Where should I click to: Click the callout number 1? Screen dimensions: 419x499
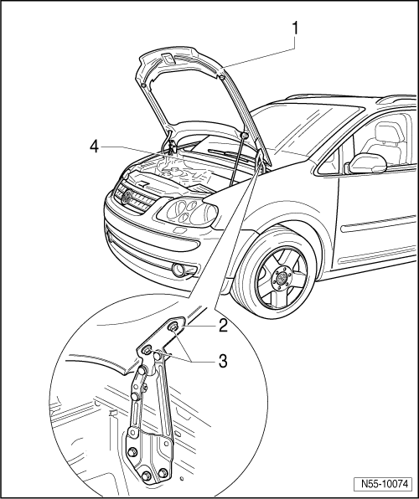pyautogui.click(x=295, y=28)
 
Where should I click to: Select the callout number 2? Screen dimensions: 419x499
pyautogui.click(x=223, y=326)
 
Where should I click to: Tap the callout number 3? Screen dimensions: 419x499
pyautogui.click(x=223, y=361)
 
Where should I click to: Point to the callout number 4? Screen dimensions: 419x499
pyautogui.click(x=94, y=147)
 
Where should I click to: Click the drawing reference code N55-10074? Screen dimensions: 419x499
pyautogui.click(x=385, y=484)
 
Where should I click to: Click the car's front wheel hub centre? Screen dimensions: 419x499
pyautogui.click(x=282, y=280)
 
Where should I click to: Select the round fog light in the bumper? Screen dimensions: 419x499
pyautogui.click(x=178, y=270)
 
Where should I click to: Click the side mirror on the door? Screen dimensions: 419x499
pyautogui.click(x=367, y=163)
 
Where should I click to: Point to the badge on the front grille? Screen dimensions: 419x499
pyautogui.click(x=127, y=197)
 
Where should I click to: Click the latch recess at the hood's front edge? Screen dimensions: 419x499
pyautogui.click(x=168, y=59)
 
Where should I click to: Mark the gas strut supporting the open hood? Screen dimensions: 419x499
pyautogui.click(x=238, y=160)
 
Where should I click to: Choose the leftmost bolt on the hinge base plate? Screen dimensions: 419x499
pyautogui.click(x=132, y=452)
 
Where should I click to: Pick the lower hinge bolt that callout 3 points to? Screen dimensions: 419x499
pyautogui.click(x=147, y=350)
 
